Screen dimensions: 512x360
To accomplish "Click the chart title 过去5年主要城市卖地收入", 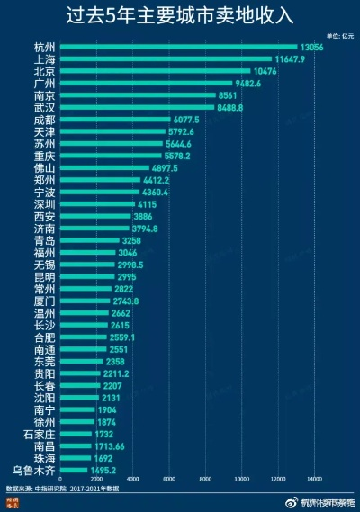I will coord(179,15).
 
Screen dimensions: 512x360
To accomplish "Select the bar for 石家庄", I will coord(76,433).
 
